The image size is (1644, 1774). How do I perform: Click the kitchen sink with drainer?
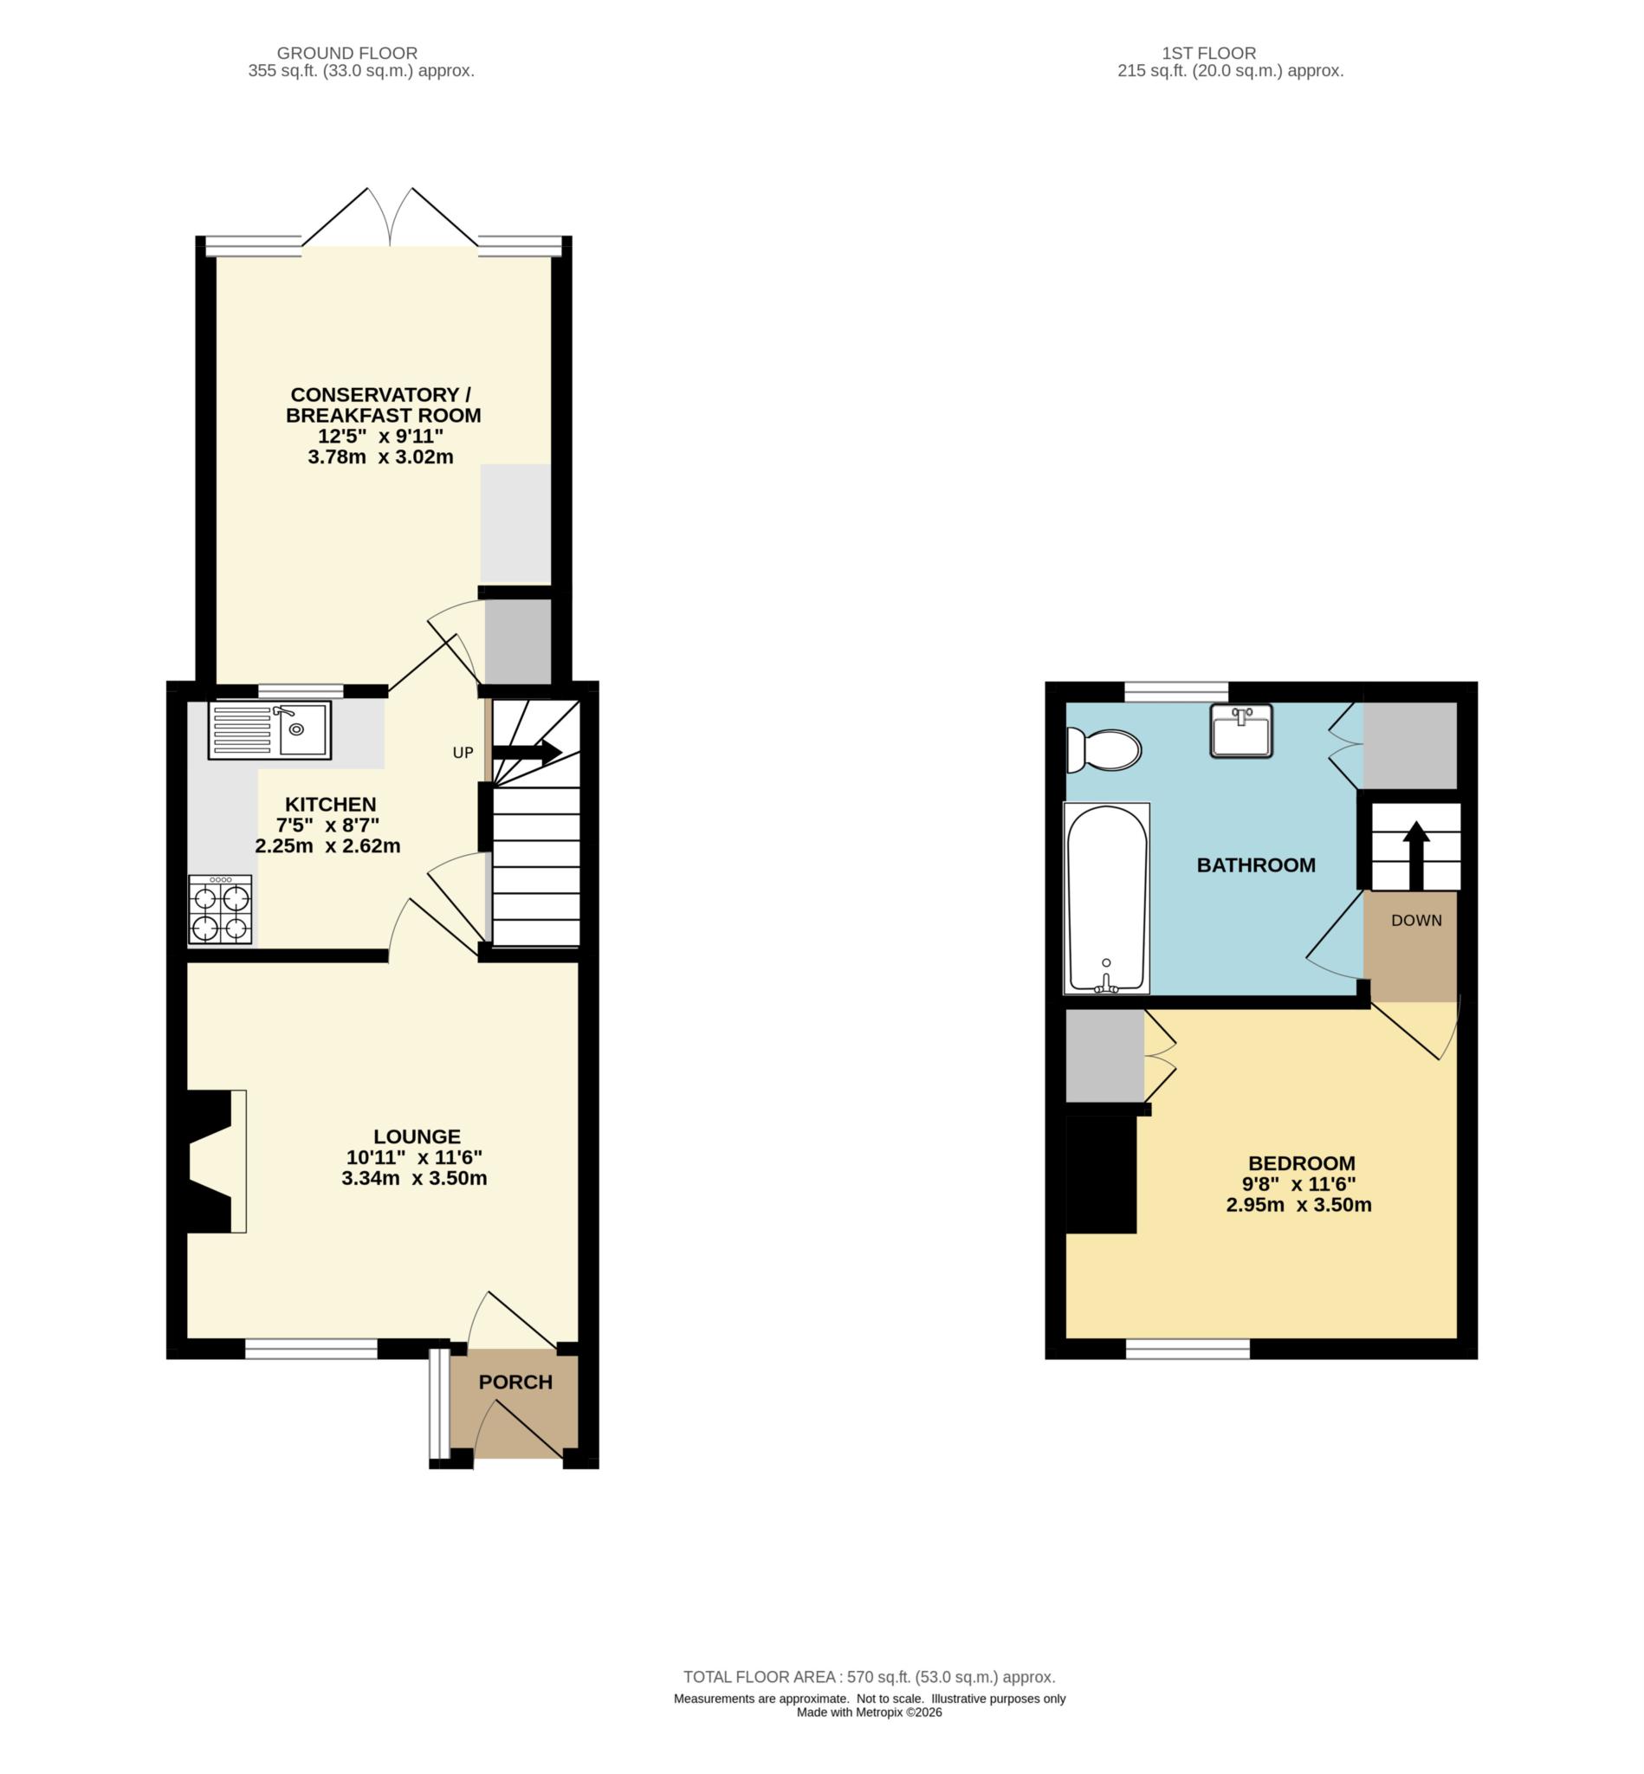(269, 729)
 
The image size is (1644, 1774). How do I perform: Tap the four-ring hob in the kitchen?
(220, 909)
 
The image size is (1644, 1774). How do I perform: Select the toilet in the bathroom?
(1104, 750)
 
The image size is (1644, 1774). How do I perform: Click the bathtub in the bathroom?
(1106, 897)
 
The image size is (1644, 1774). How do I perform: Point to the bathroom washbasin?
(1240, 730)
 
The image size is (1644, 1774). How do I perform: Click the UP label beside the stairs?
(463, 753)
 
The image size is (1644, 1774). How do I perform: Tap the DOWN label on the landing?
(1415, 921)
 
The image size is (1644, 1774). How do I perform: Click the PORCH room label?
(515, 1382)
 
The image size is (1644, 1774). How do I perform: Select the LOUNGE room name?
(417, 1136)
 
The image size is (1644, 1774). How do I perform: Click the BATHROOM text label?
(1255, 864)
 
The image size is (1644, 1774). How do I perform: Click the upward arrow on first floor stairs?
(1415, 855)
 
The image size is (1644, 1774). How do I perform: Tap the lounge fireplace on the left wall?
(213, 1161)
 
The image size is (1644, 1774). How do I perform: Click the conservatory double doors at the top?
(390, 218)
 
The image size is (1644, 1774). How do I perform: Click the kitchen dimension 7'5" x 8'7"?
(330, 825)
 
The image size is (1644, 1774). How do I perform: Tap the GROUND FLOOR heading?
(347, 54)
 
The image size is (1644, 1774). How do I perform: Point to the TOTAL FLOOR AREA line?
(868, 1677)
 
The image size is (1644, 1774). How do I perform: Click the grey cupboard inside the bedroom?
(1104, 1055)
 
